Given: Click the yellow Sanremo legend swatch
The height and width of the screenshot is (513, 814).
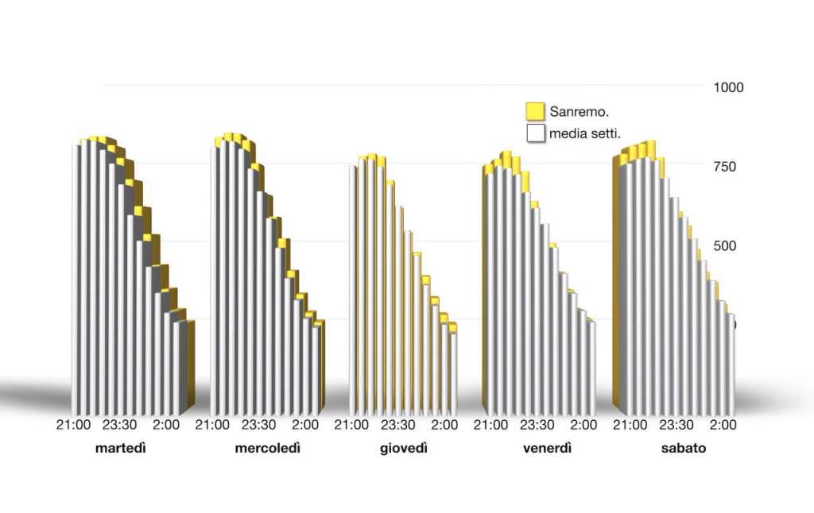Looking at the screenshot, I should [535, 111].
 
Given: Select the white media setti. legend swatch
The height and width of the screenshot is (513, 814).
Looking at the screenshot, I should [535, 133].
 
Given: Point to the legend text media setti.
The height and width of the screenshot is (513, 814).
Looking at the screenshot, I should [585, 133].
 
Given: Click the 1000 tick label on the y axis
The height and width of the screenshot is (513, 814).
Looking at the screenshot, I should [728, 87].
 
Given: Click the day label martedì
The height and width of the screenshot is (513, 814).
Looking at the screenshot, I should [121, 449].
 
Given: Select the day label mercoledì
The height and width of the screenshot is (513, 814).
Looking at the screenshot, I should [268, 449].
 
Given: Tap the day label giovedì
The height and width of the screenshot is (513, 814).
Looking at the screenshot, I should [404, 449].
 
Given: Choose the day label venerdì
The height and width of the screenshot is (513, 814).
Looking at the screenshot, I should [548, 449].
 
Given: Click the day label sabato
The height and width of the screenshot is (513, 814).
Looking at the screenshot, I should [684, 449].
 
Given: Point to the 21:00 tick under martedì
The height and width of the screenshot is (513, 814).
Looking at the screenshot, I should [73, 425].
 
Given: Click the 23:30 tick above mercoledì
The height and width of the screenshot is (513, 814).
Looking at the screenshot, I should [259, 425].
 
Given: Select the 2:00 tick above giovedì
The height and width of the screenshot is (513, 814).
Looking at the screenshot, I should [444, 425].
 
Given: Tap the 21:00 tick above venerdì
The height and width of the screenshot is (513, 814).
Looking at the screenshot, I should [491, 425].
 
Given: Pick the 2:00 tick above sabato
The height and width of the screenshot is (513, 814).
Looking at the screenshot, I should [723, 425].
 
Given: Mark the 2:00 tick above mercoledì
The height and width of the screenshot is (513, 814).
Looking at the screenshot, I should [306, 425].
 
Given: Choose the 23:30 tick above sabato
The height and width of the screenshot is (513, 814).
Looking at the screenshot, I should [676, 425].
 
